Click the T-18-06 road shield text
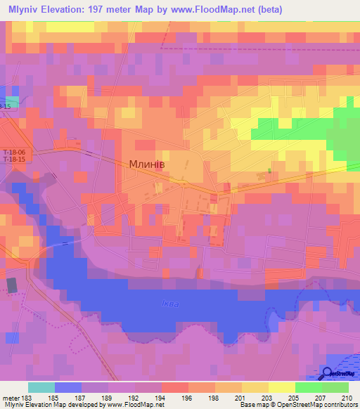pyautogui.click(x=13, y=152)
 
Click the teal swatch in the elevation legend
pyautogui.click(x=41, y=387)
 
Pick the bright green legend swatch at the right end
pyautogui.click(x=335, y=387)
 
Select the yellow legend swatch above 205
pyautogui.click(x=282, y=387)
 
